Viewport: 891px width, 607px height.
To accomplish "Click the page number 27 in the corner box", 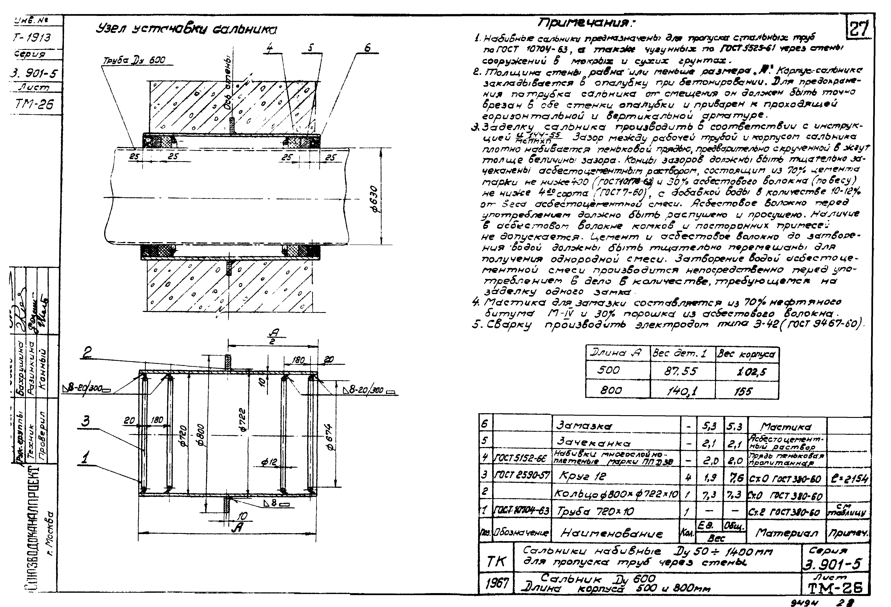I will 859,29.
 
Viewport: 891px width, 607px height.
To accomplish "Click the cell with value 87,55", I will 681,371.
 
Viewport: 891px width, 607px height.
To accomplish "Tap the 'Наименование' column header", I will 612,533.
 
